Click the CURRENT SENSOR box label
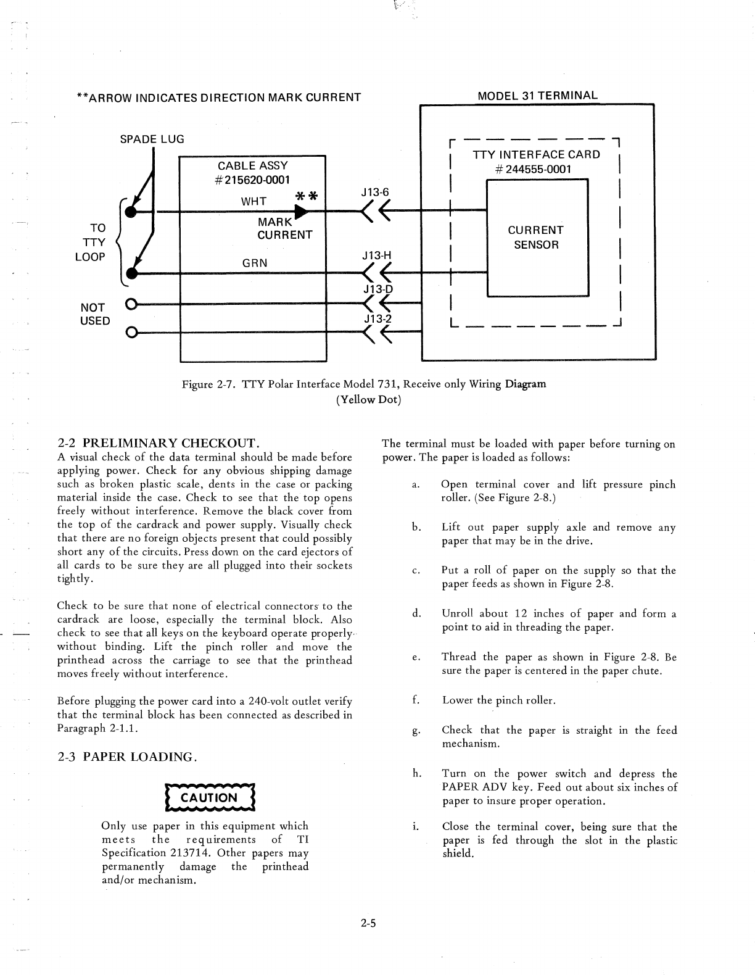535,237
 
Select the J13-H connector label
377,255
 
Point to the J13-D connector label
377,289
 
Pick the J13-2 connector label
377,318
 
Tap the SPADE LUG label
152,139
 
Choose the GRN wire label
255,262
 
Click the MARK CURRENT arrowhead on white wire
302,212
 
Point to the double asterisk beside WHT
307,197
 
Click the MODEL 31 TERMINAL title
538,96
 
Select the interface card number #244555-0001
535,169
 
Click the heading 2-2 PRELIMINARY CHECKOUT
157,442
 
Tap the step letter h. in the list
416,773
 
